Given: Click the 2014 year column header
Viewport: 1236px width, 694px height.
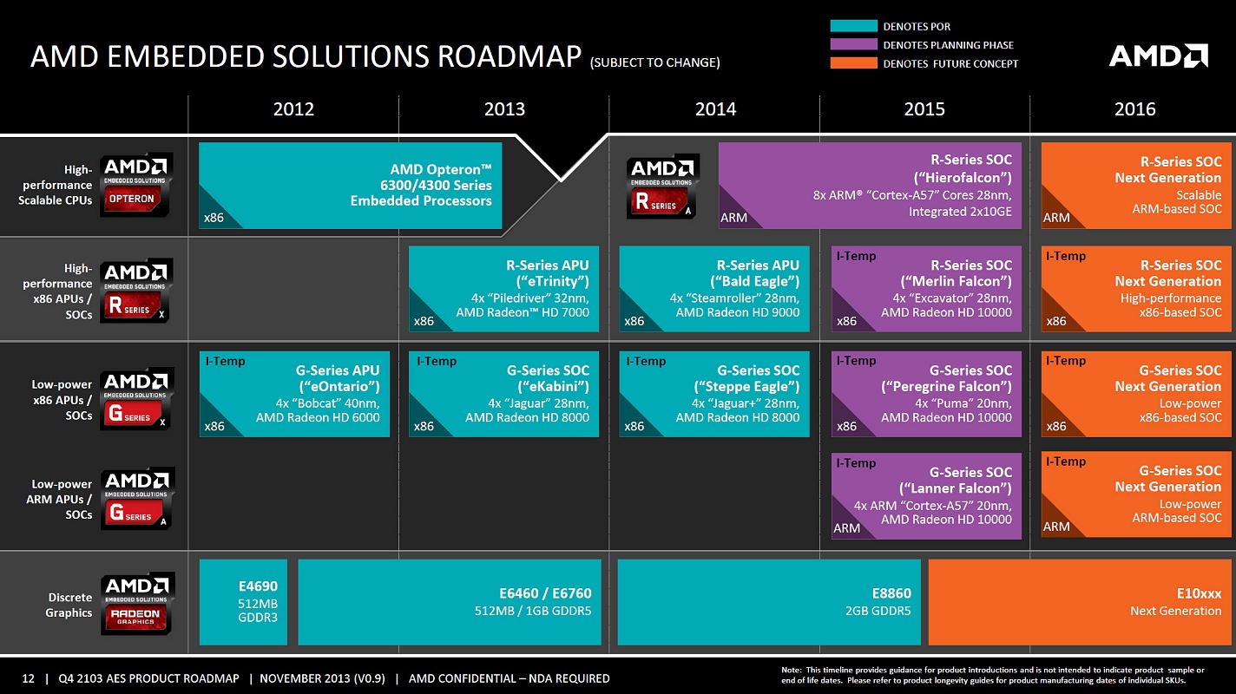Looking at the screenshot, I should (x=715, y=109).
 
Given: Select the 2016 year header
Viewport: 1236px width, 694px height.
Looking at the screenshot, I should (x=1134, y=109).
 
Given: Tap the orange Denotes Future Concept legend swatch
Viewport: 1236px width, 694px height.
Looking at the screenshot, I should (x=853, y=63).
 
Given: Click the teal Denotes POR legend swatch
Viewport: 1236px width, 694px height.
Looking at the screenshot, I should (x=853, y=26).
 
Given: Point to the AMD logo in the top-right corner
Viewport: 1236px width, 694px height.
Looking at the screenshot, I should (x=1158, y=56).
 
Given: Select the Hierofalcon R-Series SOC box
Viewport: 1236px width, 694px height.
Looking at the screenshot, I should (x=870, y=186).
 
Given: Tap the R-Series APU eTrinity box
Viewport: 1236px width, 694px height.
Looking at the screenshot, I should (x=504, y=289).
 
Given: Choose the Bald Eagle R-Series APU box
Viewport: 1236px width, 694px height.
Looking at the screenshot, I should (x=714, y=289).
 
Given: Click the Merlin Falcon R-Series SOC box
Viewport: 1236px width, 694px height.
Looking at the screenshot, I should (x=926, y=289).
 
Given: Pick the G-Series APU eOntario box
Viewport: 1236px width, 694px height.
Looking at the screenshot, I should (x=294, y=393).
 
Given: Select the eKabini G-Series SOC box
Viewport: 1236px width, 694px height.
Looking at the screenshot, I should (x=504, y=393).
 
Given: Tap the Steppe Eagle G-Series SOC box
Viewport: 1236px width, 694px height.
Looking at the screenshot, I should (x=714, y=393).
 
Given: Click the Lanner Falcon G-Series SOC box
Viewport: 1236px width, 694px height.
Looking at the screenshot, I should (x=926, y=495).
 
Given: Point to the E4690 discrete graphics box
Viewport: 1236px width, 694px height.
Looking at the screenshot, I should (x=243, y=602).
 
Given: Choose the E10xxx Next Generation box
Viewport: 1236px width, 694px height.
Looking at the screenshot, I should (x=1080, y=602).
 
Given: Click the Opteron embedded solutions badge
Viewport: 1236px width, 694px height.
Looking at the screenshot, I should (x=136, y=185).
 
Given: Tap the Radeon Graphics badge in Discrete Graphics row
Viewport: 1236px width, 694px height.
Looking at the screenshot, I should (x=137, y=603).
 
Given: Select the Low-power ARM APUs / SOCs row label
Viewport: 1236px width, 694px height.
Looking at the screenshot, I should (x=62, y=500).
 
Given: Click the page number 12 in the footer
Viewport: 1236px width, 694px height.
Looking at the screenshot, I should (x=28, y=678).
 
